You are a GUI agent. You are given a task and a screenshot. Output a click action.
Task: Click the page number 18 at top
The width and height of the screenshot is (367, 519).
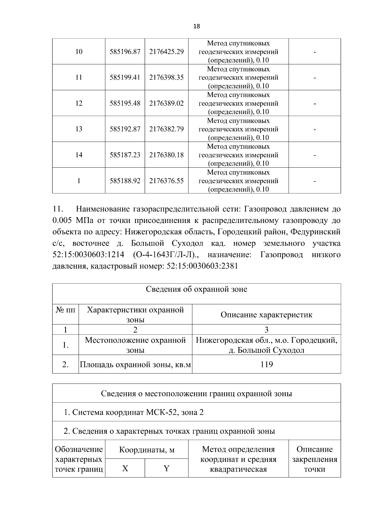point(197,26)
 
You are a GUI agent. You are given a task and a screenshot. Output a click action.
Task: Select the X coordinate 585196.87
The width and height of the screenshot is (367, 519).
point(125,52)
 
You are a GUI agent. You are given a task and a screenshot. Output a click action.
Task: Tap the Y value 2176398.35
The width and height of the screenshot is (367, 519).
point(166,77)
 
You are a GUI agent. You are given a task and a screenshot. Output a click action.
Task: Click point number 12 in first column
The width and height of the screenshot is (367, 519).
point(79,103)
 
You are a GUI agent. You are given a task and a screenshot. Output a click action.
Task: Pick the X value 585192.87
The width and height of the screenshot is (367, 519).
point(125,129)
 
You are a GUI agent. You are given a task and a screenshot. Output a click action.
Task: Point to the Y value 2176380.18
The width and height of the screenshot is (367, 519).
point(166,155)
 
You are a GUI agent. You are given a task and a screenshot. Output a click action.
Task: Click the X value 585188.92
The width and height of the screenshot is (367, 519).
point(125,181)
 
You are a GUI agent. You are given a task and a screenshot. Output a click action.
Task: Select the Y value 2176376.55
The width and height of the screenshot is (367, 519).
point(166,181)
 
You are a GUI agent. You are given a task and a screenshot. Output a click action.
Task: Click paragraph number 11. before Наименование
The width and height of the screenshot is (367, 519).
point(57,209)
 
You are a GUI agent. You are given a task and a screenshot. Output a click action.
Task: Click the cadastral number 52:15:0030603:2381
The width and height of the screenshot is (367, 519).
point(202,266)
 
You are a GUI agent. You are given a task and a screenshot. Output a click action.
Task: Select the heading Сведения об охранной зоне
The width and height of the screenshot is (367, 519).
point(196,289)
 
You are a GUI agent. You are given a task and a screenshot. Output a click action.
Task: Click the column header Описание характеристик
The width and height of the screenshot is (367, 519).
point(266,315)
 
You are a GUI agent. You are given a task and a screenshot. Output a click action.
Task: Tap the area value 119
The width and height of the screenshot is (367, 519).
point(266,364)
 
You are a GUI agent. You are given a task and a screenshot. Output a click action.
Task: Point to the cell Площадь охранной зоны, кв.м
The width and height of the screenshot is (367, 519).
point(135,365)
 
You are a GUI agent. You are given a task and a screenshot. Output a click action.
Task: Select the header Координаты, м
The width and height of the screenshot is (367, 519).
point(146,450)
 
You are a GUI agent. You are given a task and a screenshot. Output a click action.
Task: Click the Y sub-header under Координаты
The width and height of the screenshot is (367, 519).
point(166,469)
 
